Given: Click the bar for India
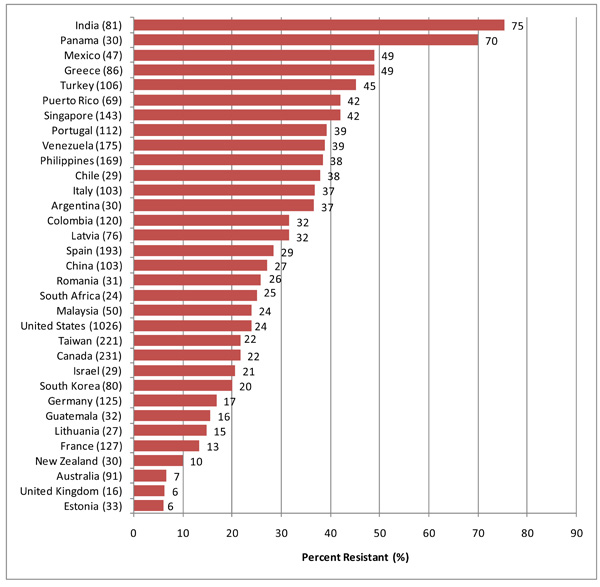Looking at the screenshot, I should (318, 25).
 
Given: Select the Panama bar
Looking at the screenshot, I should (305, 40).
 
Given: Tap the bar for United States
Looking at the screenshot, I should (192, 325).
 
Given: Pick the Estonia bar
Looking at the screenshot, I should (148, 505).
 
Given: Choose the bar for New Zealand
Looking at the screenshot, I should (158, 460).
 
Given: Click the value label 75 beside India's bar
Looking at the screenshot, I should (517, 25).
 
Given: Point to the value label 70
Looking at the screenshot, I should (490, 40).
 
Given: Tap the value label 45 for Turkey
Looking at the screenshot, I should (368, 85).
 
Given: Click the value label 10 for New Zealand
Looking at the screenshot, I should (198, 460).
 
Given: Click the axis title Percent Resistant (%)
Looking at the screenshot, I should (354, 556).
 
